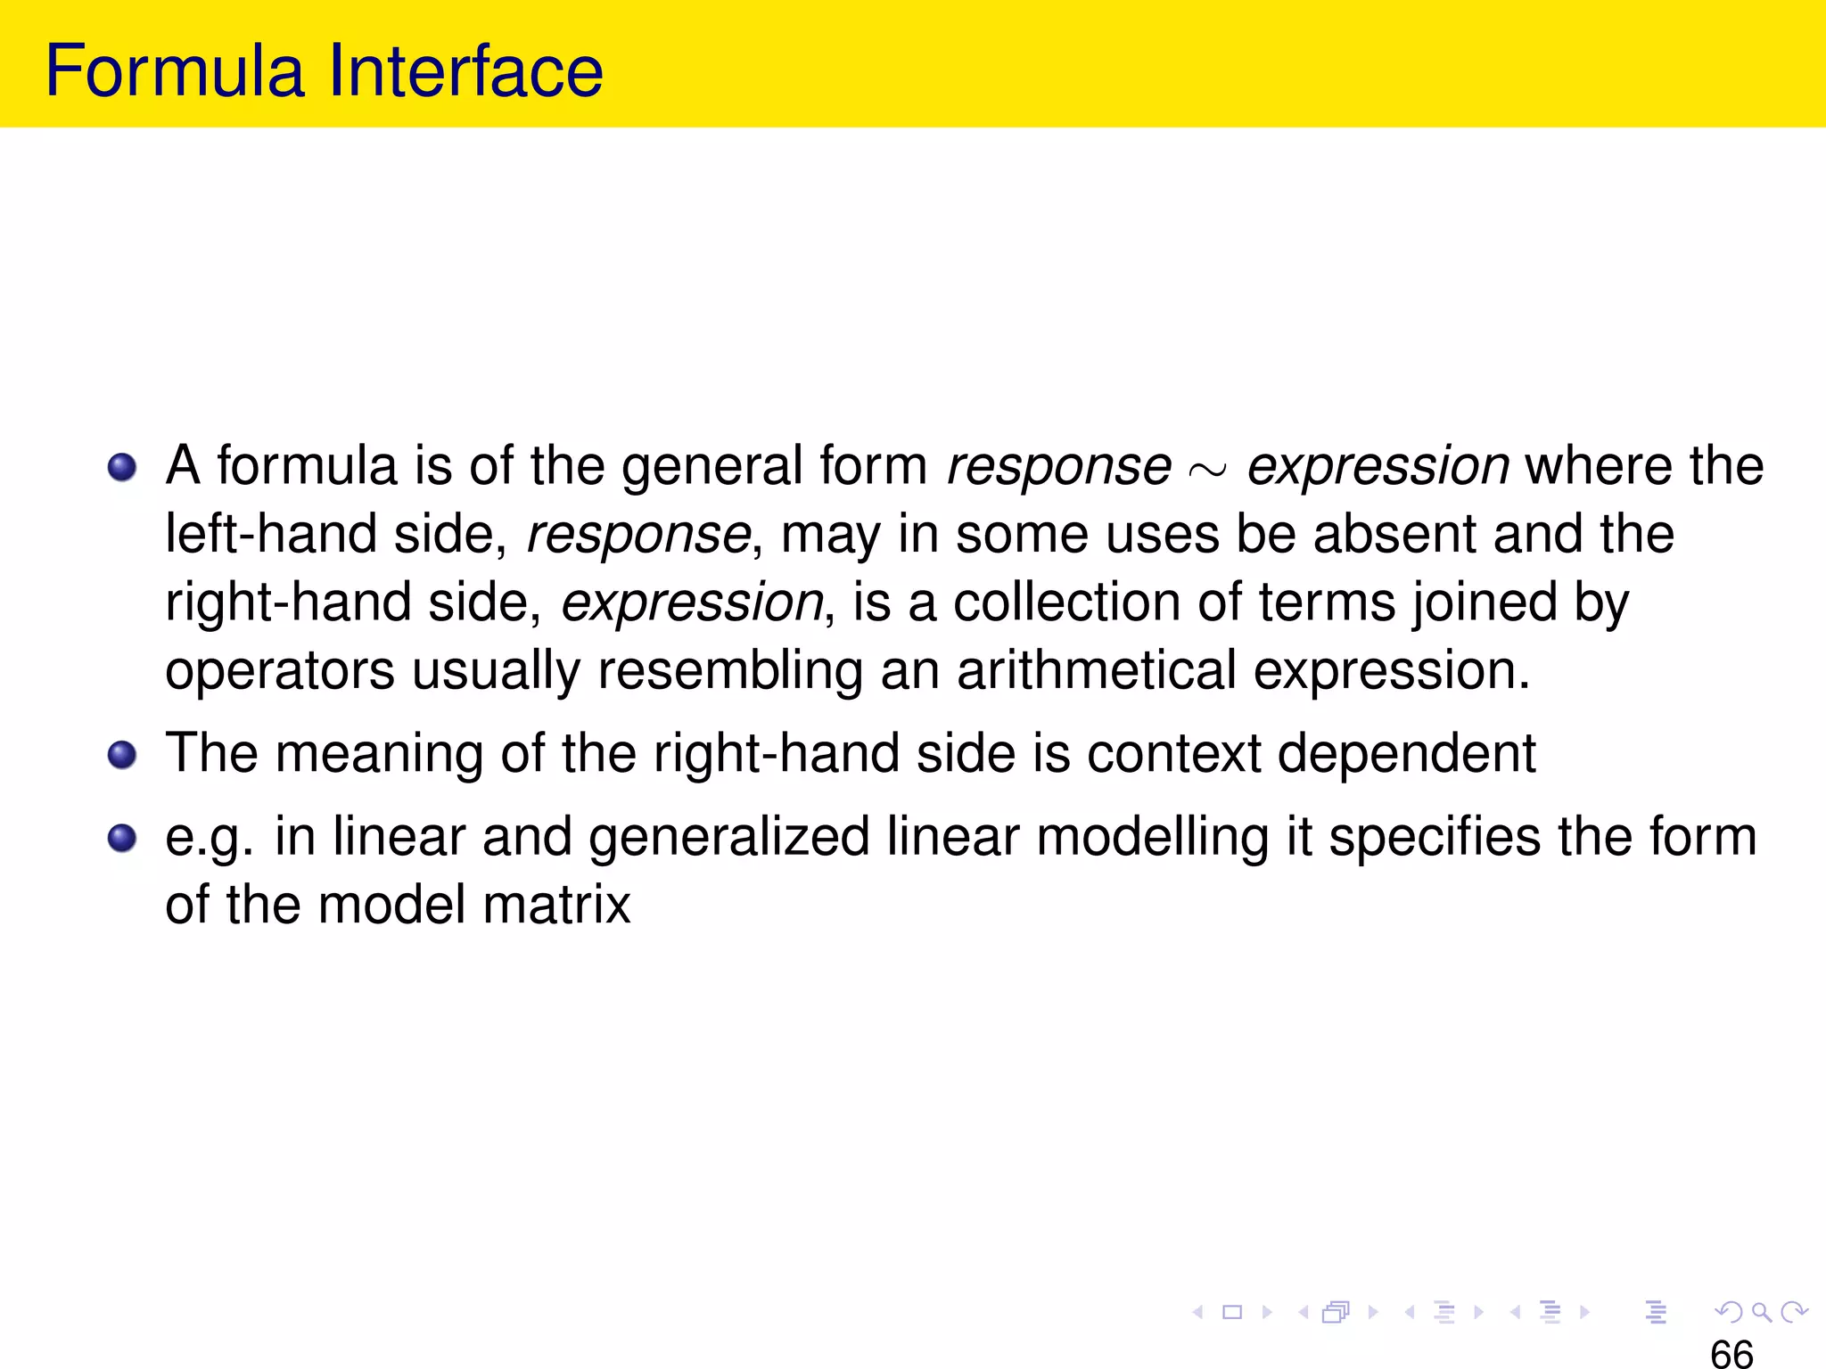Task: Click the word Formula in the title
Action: (175, 71)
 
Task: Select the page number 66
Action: (1731, 1353)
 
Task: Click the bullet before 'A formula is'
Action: (122, 467)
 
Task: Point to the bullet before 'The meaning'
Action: (122, 755)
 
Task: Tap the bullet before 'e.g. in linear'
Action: (122, 838)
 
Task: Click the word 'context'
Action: (1173, 754)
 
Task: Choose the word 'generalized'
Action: (728, 839)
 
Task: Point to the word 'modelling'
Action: (1153, 839)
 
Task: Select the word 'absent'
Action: (1394, 535)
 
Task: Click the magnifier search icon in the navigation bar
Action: (1761, 1312)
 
